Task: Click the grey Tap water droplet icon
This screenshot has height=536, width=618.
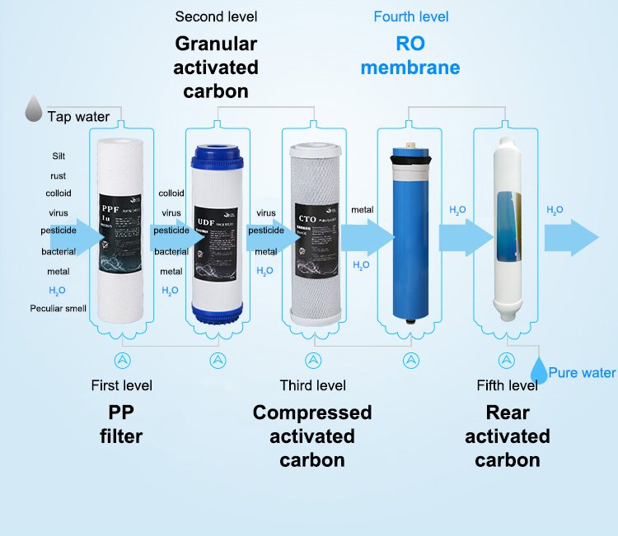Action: click(34, 108)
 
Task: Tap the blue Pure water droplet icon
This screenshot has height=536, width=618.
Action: click(538, 371)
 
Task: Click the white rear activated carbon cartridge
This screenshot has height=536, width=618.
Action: click(507, 231)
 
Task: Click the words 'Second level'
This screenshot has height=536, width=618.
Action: click(216, 17)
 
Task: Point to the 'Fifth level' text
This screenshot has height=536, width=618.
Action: click(508, 385)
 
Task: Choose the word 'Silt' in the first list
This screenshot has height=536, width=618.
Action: click(59, 156)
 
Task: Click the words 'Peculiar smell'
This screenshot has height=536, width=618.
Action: click(59, 308)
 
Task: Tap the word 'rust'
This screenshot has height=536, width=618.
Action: click(58, 175)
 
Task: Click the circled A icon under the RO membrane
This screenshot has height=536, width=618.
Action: click(411, 360)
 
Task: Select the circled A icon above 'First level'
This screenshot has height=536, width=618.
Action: click(122, 360)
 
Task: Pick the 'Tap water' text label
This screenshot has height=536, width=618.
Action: click(78, 117)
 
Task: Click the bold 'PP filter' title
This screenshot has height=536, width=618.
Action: click(121, 423)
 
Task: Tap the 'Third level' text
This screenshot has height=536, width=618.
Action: click(312, 385)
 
